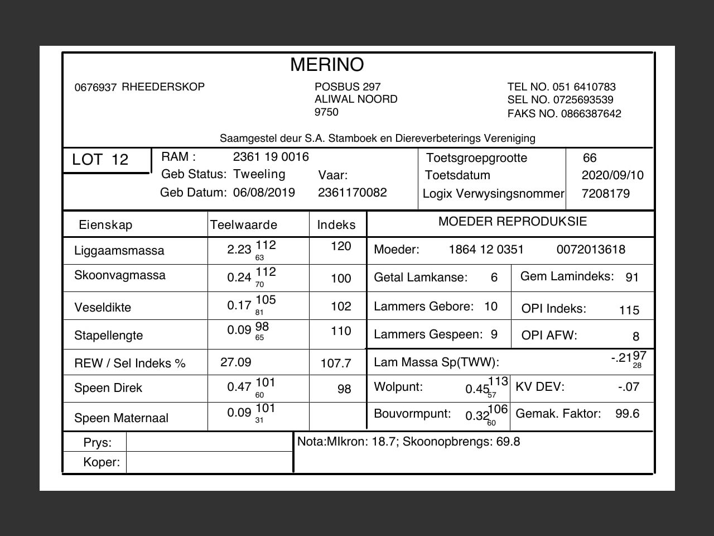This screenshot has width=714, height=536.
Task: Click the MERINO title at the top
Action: [327, 65]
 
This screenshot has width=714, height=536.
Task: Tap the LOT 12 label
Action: [100, 160]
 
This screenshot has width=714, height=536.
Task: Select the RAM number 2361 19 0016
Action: [271, 157]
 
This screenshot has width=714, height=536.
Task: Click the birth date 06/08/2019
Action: [264, 193]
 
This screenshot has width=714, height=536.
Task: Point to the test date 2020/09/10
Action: [612, 175]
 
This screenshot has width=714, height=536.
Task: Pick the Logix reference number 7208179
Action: [605, 194]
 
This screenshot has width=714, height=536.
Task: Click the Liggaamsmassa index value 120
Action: [341, 246]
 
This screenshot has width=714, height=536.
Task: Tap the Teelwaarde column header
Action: [243, 225]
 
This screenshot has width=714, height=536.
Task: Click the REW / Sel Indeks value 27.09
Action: [236, 362]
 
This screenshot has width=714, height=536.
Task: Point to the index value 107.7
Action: [336, 363]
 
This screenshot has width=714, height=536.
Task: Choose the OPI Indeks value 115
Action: [629, 310]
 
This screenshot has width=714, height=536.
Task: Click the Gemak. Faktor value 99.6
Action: [627, 414]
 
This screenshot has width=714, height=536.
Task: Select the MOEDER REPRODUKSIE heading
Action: [513, 222]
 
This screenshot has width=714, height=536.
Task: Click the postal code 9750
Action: [326, 112]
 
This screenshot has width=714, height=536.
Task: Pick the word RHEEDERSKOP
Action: [163, 87]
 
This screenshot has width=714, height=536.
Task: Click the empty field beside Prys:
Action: [209, 443]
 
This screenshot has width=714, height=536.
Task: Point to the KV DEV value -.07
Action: [629, 387]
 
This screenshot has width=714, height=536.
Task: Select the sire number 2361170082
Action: [353, 193]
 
